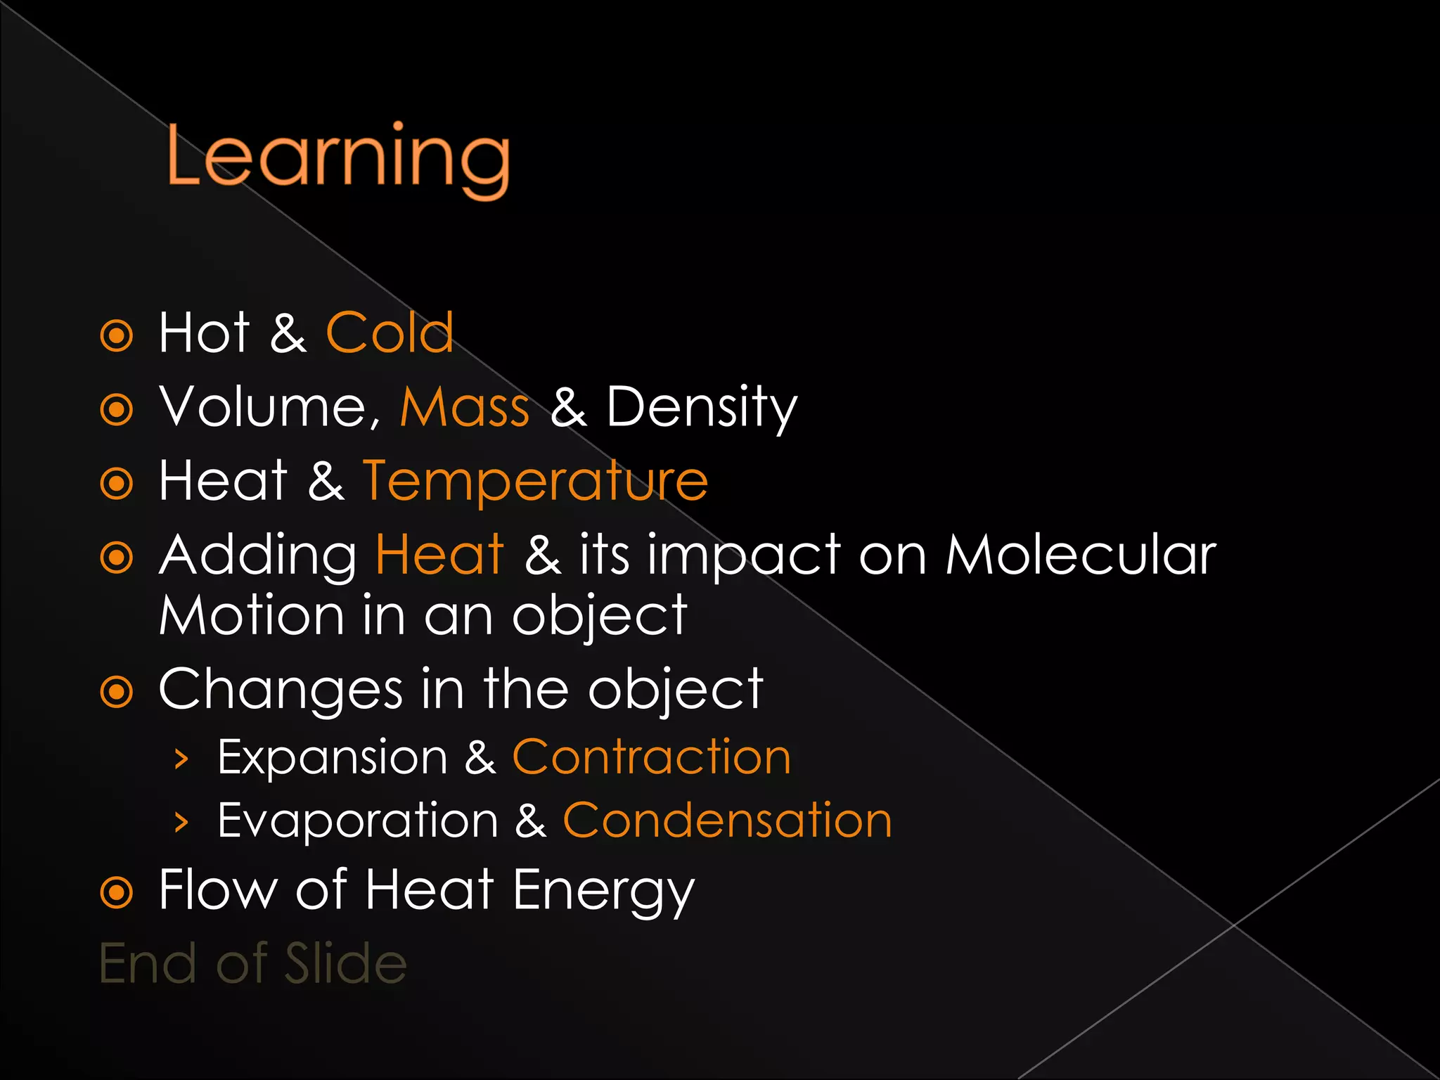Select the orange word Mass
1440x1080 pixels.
(464, 407)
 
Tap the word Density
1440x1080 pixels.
(701, 408)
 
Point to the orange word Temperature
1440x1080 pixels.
(535, 481)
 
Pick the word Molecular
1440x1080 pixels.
(1080, 555)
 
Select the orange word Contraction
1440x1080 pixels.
(651, 757)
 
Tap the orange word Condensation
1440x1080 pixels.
(727, 821)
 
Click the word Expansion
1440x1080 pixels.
(332, 758)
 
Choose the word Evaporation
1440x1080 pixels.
(358, 821)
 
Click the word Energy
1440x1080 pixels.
(603, 892)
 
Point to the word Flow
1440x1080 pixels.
(217, 890)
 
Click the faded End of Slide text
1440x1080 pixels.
(253, 963)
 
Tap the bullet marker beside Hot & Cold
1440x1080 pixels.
(117, 335)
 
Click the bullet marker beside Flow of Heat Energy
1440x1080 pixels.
(117, 893)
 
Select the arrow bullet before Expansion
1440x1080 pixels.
(181, 759)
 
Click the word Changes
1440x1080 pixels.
(281, 690)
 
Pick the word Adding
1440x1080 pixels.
(257, 555)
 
